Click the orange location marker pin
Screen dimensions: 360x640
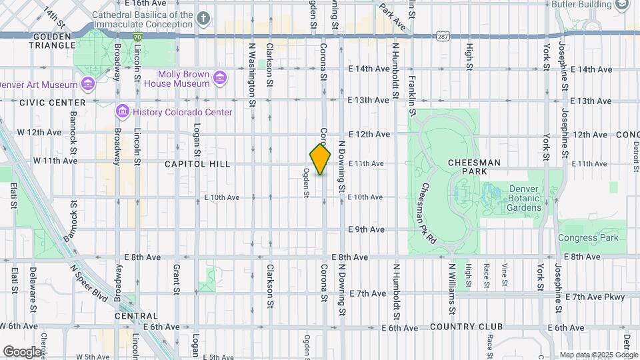320,159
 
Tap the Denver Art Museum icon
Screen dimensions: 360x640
87,84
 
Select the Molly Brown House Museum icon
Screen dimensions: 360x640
219,79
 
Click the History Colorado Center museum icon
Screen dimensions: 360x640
122,111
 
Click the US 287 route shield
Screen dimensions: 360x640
442,35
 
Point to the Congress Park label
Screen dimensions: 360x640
589,237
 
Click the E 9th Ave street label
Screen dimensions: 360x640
367,229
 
